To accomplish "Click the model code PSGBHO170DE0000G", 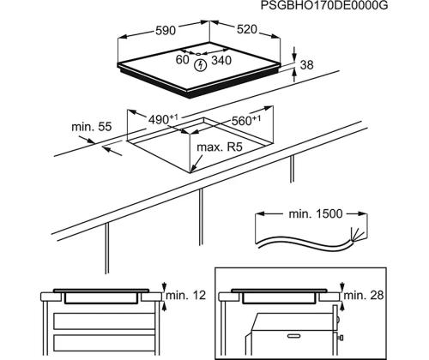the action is [x=324, y=6].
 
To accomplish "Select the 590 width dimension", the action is [x=166, y=30].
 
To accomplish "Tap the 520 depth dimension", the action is [x=247, y=29].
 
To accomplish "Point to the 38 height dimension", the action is [x=307, y=65].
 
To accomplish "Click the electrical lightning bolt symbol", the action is [x=200, y=65].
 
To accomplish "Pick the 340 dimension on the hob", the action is [x=221, y=60].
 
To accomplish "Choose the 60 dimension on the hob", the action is [x=183, y=60].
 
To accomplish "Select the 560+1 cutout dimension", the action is [x=246, y=120].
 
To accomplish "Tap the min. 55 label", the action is [x=92, y=127].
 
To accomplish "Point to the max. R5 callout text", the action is [x=220, y=147].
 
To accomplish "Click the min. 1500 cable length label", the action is [x=316, y=213].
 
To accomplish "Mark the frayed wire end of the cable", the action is [x=358, y=235].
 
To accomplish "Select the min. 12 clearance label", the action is [x=186, y=296].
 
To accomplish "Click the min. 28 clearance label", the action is [x=364, y=295].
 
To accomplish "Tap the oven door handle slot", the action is [x=296, y=336].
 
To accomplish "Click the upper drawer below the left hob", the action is [x=105, y=321].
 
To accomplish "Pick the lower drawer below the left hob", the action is [x=105, y=343].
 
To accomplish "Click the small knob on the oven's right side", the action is [x=341, y=338].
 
